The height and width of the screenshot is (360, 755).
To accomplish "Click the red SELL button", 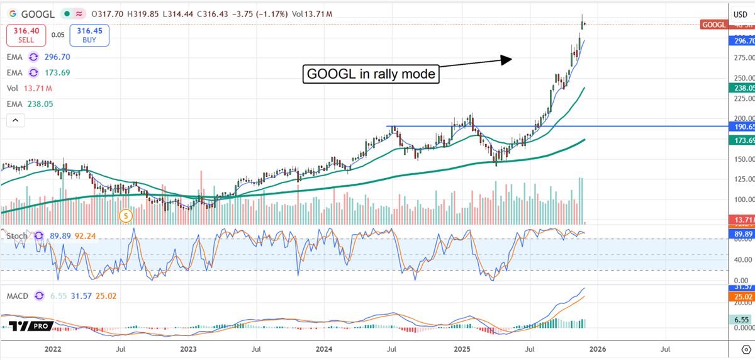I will click(25, 35).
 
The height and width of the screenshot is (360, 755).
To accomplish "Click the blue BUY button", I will click(89, 35).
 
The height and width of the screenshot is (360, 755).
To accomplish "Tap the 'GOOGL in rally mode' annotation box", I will click(371, 74).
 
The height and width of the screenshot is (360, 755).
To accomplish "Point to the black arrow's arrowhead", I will click(507, 59).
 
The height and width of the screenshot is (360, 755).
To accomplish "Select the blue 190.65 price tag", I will click(741, 127).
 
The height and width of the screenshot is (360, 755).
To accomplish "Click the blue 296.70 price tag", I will click(741, 41).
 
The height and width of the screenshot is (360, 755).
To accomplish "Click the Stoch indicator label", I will click(17, 235).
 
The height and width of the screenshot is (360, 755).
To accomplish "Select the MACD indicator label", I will click(20, 295).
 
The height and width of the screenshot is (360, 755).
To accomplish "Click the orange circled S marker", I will click(126, 216).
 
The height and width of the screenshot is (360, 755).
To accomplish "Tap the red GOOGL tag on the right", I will click(713, 25).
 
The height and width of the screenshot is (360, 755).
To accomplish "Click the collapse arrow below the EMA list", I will click(16, 120).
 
